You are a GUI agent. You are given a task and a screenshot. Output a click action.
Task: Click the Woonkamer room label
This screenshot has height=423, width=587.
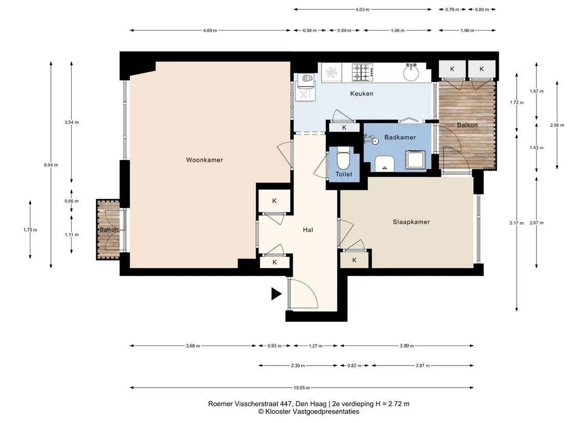[x=205, y=160]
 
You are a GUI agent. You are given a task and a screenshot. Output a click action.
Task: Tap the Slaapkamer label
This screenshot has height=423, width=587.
[x=411, y=222]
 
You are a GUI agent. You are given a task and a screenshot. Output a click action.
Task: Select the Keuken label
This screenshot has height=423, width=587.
[x=361, y=94]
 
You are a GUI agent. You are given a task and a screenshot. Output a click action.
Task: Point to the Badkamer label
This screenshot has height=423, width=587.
[x=400, y=137]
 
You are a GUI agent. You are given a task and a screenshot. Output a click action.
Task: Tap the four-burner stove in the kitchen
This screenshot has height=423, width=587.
[x=362, y=72]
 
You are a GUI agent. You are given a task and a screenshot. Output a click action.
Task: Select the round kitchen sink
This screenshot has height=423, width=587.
[x=411, y=72]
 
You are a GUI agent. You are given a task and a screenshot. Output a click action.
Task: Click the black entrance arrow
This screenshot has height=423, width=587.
[x=276, y=294]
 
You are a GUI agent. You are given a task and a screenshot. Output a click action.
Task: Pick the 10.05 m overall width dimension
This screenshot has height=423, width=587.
[x=302, y=388]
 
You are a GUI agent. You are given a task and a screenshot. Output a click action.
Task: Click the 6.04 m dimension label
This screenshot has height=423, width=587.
[x=51, y=165]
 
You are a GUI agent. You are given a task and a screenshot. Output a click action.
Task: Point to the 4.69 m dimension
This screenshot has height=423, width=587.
[x=210, y=31]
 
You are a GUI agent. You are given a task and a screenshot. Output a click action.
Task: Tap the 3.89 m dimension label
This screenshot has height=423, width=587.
[x=407, y=346]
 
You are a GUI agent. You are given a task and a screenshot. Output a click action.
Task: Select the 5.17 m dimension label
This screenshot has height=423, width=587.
[x=517, y=223]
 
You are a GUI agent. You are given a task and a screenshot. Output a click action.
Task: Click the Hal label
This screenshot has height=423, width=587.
[x=308, y=230]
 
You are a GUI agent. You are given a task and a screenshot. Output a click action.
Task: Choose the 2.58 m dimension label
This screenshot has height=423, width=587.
[x=557, y=126]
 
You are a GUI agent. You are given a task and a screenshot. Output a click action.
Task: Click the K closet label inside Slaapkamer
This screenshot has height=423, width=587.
[x=354, y=260]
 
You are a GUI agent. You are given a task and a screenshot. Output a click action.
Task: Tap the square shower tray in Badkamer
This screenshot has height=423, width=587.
[x=416, y=159]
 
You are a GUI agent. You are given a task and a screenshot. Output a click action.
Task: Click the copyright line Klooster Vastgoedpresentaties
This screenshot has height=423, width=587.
[x=309, y=412]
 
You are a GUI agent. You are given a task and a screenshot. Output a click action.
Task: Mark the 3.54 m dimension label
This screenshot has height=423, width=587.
[x=71, y=123]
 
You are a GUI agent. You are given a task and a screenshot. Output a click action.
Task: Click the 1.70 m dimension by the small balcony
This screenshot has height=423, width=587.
[x=30, y=230]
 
